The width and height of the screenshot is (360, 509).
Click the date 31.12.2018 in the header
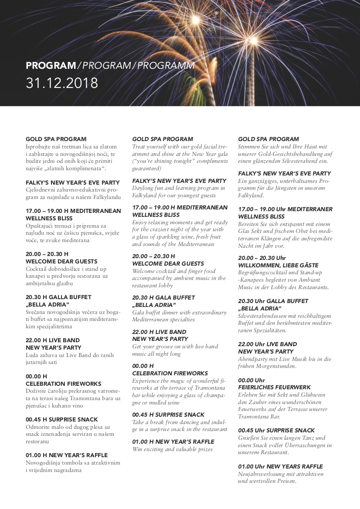point(62,83)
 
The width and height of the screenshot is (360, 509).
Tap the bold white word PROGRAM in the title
point(51,66)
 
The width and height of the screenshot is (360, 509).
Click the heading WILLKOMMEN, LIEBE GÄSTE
point(278,265)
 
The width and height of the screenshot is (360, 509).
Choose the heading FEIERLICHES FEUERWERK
point(274,387)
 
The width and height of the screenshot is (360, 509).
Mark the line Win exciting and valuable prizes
point(172,449)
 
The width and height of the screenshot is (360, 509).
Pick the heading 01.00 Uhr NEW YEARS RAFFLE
point(280,466)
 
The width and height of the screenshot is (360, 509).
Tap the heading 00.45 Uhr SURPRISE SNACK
point(276,430)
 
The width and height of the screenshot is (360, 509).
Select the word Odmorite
point(38,427)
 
